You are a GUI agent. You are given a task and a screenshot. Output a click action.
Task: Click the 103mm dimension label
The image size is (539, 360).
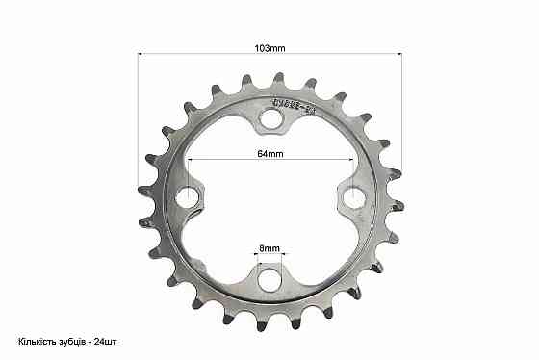coord(270,46)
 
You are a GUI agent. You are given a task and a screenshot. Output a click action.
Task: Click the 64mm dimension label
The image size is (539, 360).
coord(270,152)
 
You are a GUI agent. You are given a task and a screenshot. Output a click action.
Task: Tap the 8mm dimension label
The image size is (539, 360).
coord(270,248)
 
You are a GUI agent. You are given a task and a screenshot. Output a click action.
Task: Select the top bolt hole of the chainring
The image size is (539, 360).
coord(270,118)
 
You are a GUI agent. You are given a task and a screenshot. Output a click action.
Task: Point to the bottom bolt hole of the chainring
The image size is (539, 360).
coord(270,278)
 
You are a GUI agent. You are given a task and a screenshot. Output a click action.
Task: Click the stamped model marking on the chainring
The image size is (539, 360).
coord(297,103)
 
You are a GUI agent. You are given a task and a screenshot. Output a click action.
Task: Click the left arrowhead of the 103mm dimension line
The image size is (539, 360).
coord(142,54)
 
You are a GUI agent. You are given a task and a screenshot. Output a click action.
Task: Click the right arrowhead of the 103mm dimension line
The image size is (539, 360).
coord(398,54)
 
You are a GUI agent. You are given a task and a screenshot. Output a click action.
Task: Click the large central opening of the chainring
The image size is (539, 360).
coord(270,197)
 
